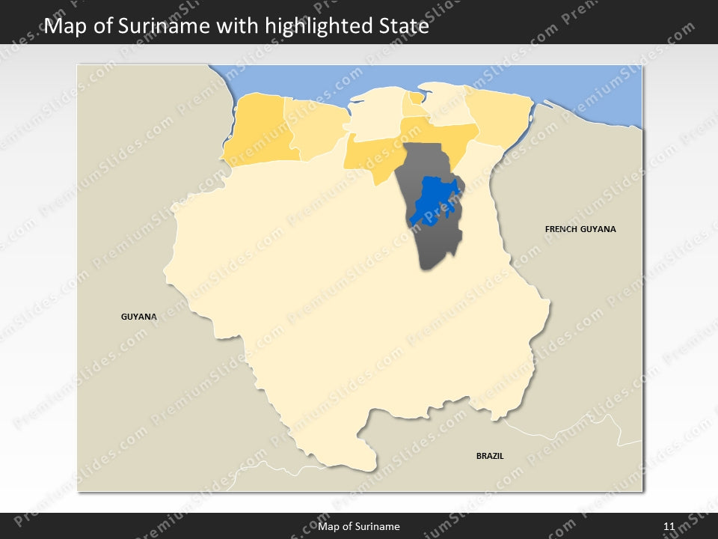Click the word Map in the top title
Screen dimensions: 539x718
click(62, 27)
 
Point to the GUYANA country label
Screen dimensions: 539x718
click(139, 317)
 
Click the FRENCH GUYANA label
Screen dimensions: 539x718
click(580, 229)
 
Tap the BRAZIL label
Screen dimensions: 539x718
click(490, 455)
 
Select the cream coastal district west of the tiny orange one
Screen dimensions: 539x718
click(374, 116)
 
